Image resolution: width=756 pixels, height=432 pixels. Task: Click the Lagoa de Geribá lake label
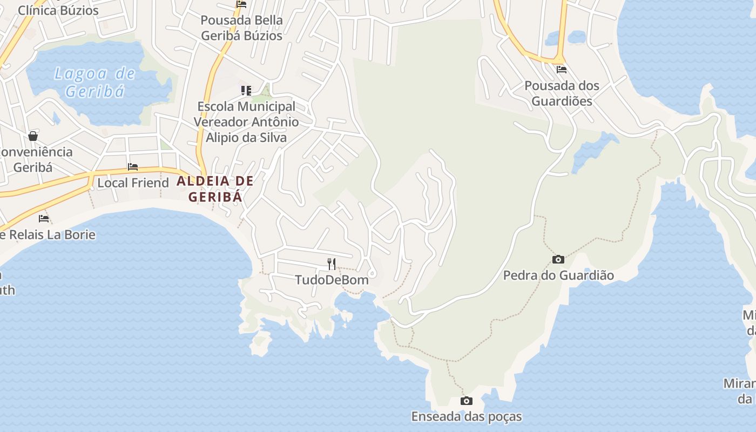[x=94, y=82]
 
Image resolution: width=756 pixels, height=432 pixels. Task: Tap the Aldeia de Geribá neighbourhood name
[x=215, y=188]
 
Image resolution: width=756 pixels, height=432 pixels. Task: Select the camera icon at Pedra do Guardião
[x=558, y=260]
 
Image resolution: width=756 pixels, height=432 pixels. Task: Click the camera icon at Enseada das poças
[x=467, y=401]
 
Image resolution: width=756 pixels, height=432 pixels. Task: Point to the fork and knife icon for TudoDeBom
[x=332, y=264]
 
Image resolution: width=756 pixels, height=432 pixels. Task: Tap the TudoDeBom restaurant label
[x=332, y=280]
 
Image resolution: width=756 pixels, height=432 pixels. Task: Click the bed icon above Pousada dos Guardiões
[x=562, y=69]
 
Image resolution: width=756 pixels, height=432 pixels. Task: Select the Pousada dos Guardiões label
[x=562, y=93]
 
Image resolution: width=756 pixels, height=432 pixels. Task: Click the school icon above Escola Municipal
[x=246, y=90]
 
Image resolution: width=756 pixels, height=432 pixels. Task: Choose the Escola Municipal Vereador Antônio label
[x=246, y=122]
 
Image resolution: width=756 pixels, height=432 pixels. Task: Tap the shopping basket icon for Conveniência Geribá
[x=33, y=136]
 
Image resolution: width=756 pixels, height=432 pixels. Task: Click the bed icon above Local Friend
[x=133, y=167]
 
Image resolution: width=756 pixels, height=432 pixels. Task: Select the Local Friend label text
[x=133, y=183]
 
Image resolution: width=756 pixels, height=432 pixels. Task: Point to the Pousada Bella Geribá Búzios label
[x=241, y=28]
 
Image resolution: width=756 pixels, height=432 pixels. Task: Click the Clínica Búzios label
[x=58, y=10]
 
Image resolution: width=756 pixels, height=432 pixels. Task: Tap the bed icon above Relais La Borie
[x=44, y=219]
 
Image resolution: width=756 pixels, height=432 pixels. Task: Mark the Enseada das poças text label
[x=467, y=416]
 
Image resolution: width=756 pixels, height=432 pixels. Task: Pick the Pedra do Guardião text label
[x=558, y=275]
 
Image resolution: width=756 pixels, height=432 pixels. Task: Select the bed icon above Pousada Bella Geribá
[x=241, y=4]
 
